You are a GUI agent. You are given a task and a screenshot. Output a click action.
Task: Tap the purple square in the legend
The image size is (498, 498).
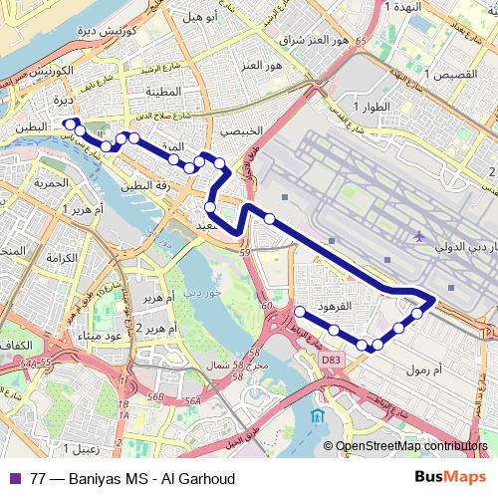(x=13, y=478)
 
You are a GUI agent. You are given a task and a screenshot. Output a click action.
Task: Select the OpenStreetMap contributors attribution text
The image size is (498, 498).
(x=411, y=446)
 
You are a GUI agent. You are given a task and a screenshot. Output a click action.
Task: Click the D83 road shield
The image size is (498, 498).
(x=331, y=358)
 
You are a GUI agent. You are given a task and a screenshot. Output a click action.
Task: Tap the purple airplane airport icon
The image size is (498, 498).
(x=418, y=236)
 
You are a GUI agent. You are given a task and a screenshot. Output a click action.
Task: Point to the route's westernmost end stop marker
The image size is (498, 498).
(x=69, y=124)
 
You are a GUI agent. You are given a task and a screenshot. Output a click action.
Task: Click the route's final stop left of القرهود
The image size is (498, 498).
(x=298, y=312)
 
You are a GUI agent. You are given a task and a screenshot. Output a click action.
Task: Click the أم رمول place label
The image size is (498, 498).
(x=426, y=371)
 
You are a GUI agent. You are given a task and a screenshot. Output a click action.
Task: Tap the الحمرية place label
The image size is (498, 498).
(x=48, y=183)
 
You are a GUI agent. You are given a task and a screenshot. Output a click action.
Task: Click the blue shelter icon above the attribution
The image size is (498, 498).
(x=317, y=414)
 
